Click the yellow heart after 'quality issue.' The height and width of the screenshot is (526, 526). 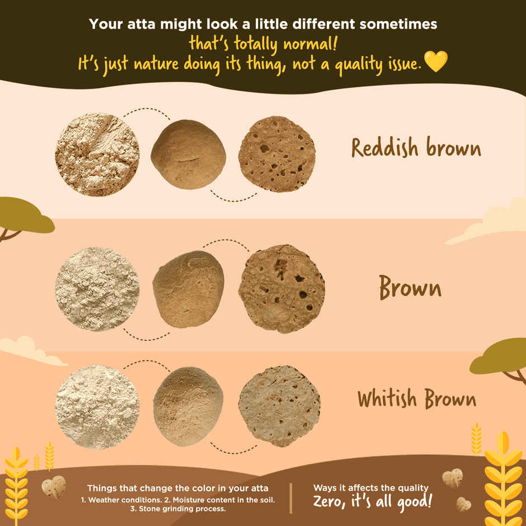pyautogui.click(x=436, y=61)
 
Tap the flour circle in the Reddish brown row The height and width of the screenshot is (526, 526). pyautogui.click(x=97, y=154)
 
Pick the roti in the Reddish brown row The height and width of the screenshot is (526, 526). pyautogui.click(x=277, y=154)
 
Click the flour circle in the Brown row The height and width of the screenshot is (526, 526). pyautogui.click(x=97, y=289)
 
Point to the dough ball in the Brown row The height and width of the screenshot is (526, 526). pyautogui.click(x=188, y=289)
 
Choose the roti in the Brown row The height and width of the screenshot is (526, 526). pyautogui.click(x=281, y=289)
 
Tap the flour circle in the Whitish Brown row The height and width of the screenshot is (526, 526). pyautogui.click(x=97, y=407)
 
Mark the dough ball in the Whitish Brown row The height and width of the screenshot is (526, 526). pyautogui.click(x=188, y=407)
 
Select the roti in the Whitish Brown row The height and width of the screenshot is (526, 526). pyautogui.click(x=279, y=407)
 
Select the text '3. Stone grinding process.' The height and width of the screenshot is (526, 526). pyautogui.click(x=178, y=509)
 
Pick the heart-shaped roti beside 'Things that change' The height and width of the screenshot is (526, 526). pyautogui.click(x=54, y=487)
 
